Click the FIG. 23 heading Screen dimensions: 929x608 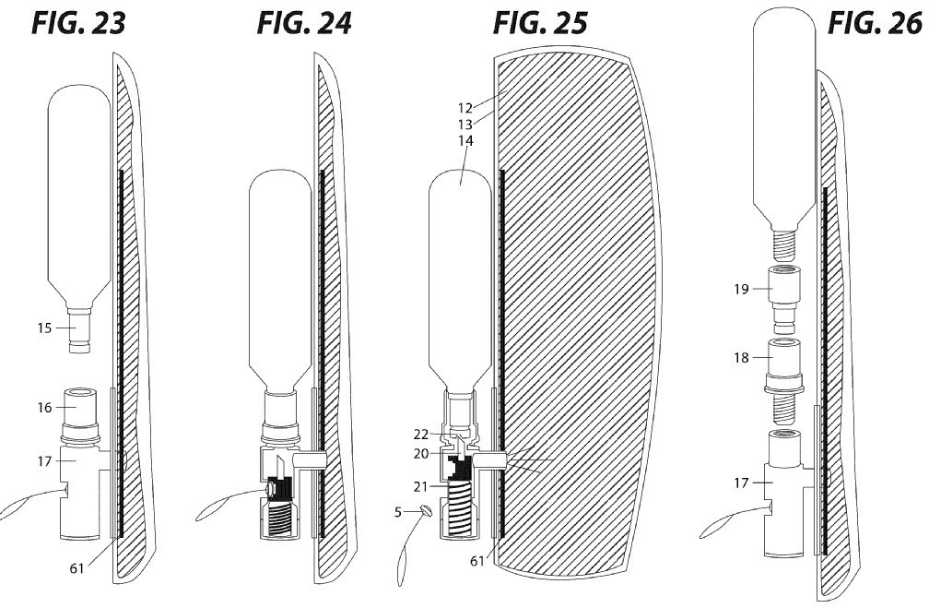point(79,24)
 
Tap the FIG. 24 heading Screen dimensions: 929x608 point(304,24)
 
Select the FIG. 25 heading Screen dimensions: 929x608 point(540,24)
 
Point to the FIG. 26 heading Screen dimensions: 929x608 point(876,24)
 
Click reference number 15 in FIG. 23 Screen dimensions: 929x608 point(44,328)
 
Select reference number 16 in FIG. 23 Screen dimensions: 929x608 point(45,408)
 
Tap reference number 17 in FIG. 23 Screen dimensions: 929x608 point(45,461)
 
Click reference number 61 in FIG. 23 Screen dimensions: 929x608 point(77,568)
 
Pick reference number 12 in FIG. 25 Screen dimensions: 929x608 point(465,108)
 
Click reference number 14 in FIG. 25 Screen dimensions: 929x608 point(465,141)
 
